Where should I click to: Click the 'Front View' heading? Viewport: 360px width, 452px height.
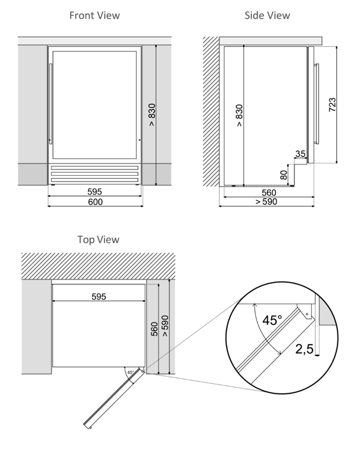[94, 15]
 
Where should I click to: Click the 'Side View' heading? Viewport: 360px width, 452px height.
[267, 15]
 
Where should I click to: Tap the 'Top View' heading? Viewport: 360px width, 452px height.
[98, 240]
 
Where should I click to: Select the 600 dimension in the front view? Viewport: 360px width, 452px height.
[95, 202]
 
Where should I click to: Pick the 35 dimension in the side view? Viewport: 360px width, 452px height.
[300, 154]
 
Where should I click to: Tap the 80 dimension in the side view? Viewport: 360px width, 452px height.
[284, 175]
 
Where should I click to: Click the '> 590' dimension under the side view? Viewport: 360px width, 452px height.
[266, 202]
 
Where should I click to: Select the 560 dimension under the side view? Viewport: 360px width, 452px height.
[268, 192]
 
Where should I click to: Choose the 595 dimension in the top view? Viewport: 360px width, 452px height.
[98, 296]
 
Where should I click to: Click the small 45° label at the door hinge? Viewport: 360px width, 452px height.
[131, 373]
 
